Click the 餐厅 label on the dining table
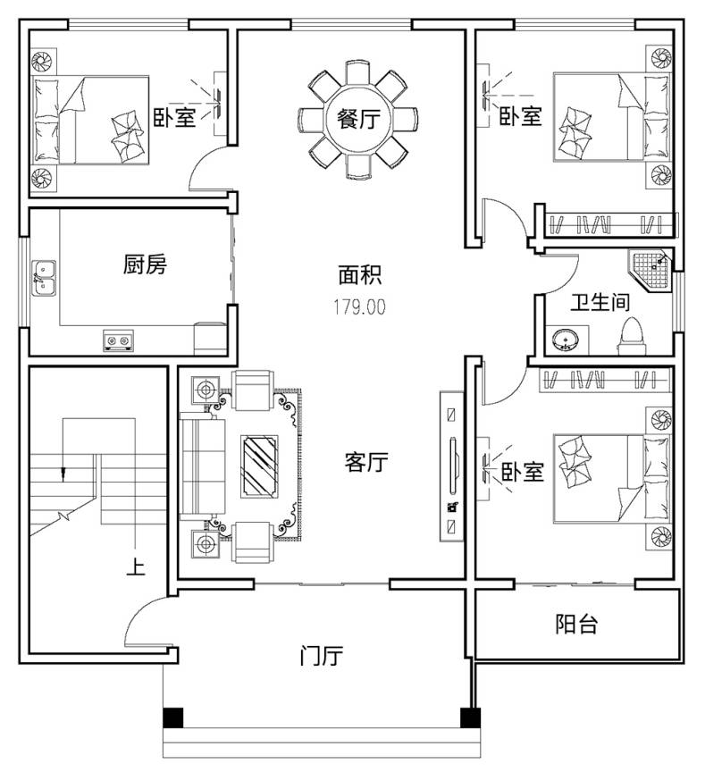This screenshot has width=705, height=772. (x=358, y=119)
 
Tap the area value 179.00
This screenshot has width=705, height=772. (x=359, y=307)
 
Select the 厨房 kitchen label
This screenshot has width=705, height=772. (x=145, y=264)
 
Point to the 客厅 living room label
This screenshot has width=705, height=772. (x=365, y=462)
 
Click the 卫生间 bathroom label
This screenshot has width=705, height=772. (x=600, y=302)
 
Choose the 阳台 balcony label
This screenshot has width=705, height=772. (x=576, y=624)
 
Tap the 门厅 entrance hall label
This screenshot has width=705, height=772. (x=321, y=655)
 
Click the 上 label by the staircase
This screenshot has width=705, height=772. (x=136, y=566)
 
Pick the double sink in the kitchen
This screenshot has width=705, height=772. (x=44, y=279)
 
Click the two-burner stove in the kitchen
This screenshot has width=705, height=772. (x=118, y=340)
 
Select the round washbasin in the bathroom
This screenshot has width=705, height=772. (x=566, y=340)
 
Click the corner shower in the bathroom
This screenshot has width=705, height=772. (x=650, y=272)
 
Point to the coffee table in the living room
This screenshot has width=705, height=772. (x=259, y=466)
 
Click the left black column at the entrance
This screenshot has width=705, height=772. (x=172, y=717)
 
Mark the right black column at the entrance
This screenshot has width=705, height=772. (x=470, y=717)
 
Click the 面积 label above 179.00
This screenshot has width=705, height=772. (x=359, y=275)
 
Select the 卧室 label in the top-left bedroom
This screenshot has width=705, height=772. (x=175, y=118)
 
